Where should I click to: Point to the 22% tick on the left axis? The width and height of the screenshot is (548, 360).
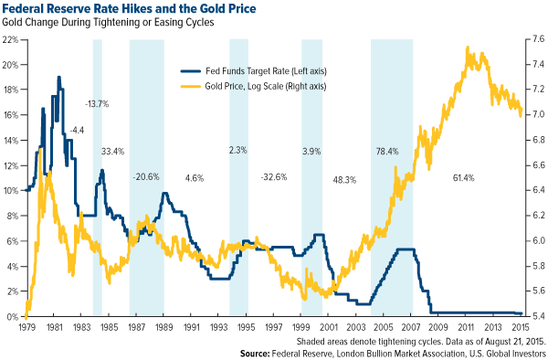click(11, 40)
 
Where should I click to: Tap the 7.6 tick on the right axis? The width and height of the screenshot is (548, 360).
click(535, 40)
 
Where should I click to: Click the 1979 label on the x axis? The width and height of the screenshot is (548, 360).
click(27, 326)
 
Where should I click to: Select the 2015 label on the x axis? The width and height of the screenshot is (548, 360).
click(521, 326)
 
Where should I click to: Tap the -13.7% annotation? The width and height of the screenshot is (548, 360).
click(97, 104)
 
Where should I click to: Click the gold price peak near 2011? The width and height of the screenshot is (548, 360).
click(468, 48)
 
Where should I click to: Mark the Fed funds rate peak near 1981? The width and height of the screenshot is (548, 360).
click(59, 78)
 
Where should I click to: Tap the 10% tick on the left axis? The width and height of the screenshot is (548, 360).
click(11, 190)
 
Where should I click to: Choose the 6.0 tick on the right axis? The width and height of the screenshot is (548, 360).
click(535, 240)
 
